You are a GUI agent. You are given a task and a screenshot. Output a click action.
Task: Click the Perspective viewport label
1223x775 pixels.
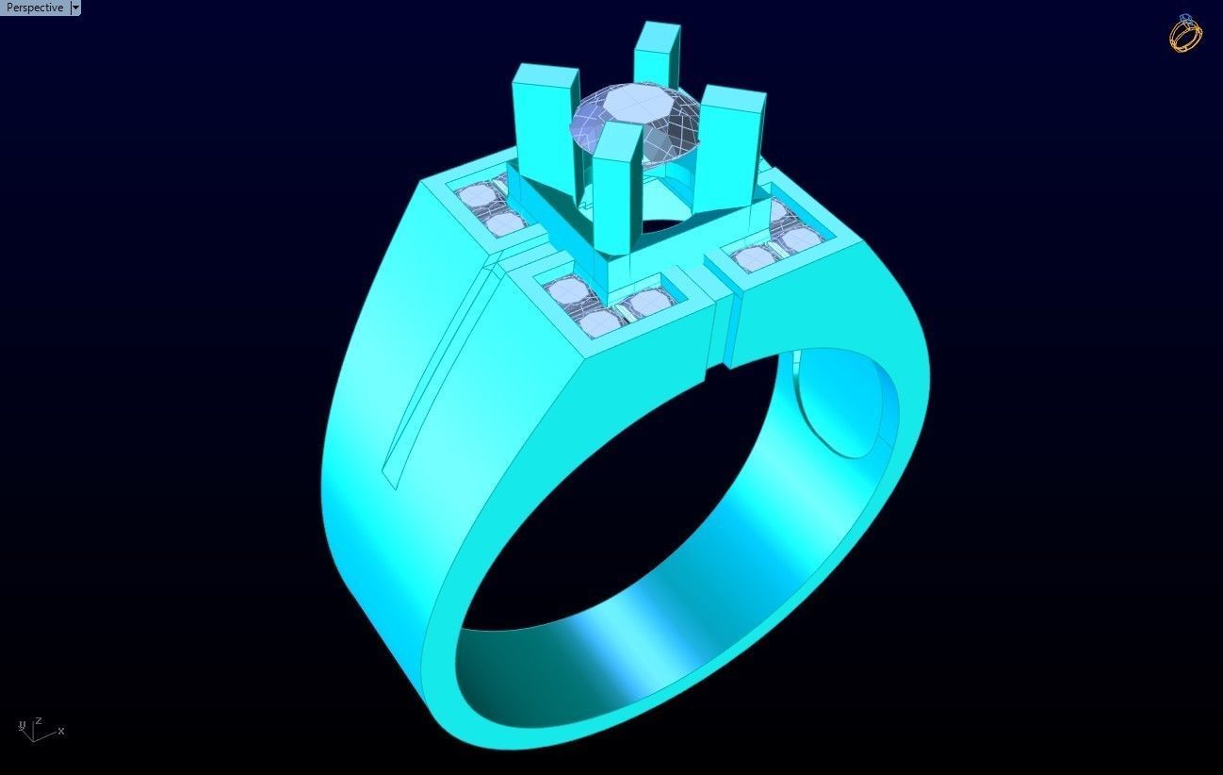click(34, 8)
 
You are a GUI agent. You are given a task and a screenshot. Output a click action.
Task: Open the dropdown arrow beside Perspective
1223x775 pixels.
click(76, 8)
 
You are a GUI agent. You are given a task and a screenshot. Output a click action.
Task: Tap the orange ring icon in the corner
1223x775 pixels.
click(1185, 34)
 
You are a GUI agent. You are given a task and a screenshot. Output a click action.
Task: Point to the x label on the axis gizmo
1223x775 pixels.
click(61, 731)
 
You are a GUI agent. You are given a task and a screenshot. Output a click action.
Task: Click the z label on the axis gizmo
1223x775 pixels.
click(39, 720)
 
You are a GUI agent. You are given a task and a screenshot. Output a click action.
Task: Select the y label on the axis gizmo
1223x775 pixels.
click(21, 725)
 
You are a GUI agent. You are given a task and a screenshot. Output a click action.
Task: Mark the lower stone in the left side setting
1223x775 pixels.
click(505, 223)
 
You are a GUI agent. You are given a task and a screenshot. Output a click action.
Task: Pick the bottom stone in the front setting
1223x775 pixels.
click(600, 323)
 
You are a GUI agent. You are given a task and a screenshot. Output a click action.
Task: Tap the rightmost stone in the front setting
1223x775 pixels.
click(648, 302)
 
